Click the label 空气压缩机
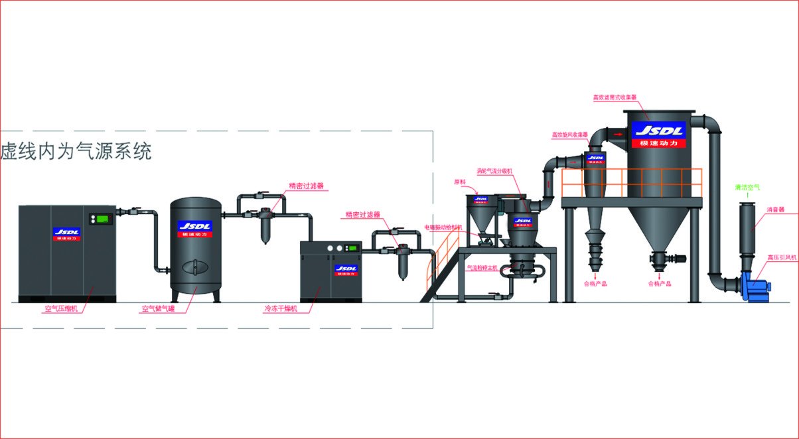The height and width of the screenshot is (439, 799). [x=60, y=308]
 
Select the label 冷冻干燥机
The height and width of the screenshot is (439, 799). [x=281, y=308]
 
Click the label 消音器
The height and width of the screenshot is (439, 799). [x=776, y=210]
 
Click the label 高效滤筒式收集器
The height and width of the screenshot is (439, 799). [x=615, y=97]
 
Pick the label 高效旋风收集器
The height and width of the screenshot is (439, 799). [x=570, y=135]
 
